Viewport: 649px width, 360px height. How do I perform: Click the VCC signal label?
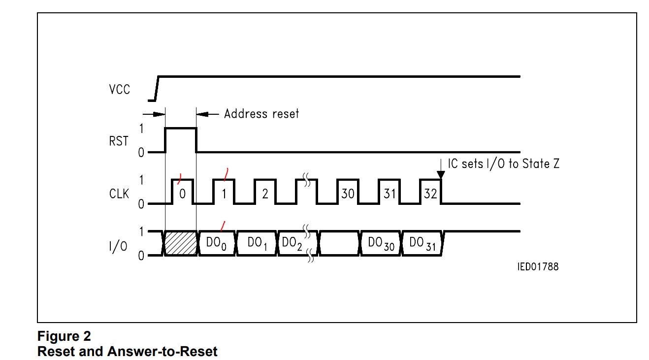pyautogui.click(x=120, y=90)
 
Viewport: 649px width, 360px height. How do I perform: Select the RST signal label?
pyautogui.click(x=119, y=141)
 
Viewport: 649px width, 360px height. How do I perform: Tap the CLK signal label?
pyautogui.click(x=119, y=194)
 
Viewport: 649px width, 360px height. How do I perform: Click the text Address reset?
pyautogui.click(x=261, y=114)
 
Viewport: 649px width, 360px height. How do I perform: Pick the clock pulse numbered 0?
pyautogui.click(x=182, y=194)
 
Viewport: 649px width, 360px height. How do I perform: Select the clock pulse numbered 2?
pyautogui.click(x=265, y=194)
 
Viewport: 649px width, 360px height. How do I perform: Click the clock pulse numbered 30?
pyautogui.click(x=348, y=194)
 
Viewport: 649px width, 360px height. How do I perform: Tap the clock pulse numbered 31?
pyautogui.click(x=389, y=194)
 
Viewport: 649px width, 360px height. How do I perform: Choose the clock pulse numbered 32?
pyautogui.click(x=430, y=194)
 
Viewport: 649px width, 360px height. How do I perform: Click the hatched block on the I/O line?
pyautogui.click(x=180, y=243)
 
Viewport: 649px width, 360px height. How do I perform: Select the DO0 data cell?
pyautogui.click(x=218, y=243)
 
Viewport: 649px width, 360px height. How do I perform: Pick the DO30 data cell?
pyautogui.click(x=381, y=243)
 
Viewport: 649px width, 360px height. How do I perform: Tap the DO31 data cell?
pyautogui.click(x=422, y=243)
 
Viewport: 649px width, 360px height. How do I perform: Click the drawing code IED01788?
pyautogui.click(x=538, y=267)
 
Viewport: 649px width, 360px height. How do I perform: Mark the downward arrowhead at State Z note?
pyautogui.click(x=441, y=174)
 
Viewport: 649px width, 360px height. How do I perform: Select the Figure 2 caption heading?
pyautogui.click(x=64, y=337)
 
